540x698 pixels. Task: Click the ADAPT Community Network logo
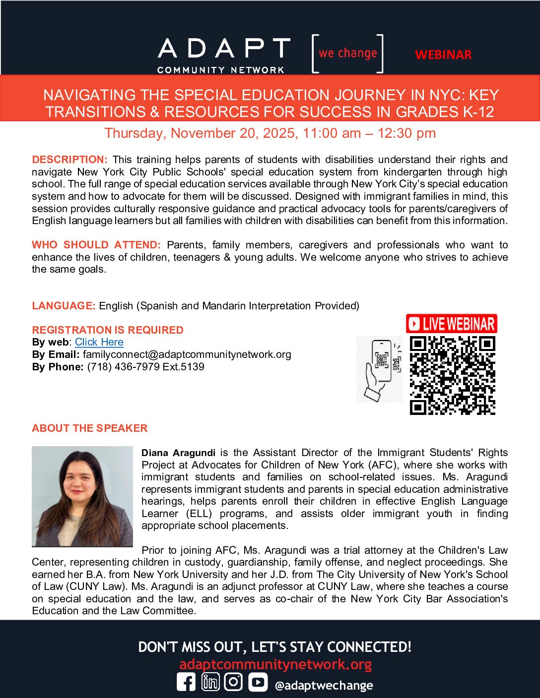tap(223, 55)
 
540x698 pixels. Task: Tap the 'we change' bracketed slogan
tap(347, 53)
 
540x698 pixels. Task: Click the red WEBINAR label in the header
tap(443, 55)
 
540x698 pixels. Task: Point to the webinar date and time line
tap(270, 133)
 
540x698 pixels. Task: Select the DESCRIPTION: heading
tap(69, 160)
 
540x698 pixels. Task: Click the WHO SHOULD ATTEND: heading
tap(96, 245)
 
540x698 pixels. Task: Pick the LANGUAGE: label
tap(64, 306)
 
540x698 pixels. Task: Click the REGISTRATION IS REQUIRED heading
tap(108, 330)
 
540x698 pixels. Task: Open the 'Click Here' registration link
tap(99, 342)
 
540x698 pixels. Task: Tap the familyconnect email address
tap(187, 354)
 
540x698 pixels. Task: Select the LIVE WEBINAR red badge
tap(452, 324)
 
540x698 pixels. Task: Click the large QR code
tap(453, 375)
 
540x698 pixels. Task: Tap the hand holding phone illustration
tap(379, 369)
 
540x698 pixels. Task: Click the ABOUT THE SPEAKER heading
tap(90, 428)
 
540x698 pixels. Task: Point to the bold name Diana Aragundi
tap(178, 453)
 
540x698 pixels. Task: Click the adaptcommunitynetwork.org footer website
tap(275, 664)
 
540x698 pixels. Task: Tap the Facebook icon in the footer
tap(186, 683)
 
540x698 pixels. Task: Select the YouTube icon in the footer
tap(258, 683)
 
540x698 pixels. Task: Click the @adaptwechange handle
tap(324, 686)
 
